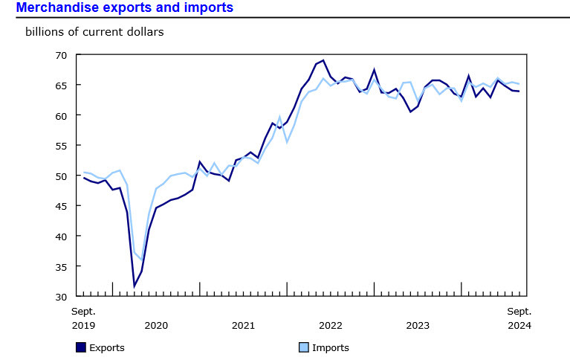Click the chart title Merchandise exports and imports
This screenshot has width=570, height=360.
125,8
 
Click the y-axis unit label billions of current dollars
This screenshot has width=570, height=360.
94,32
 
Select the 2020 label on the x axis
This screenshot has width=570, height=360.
156,325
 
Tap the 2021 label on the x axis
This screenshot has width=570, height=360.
244,325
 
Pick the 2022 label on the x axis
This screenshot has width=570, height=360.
331,325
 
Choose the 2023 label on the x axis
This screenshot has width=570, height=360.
418,325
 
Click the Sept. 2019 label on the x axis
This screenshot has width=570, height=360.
83,318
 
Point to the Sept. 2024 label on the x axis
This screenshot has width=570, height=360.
519,318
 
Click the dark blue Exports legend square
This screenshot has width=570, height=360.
80,347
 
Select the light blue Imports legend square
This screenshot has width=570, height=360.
303,347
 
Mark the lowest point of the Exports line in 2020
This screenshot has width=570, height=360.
135,286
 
